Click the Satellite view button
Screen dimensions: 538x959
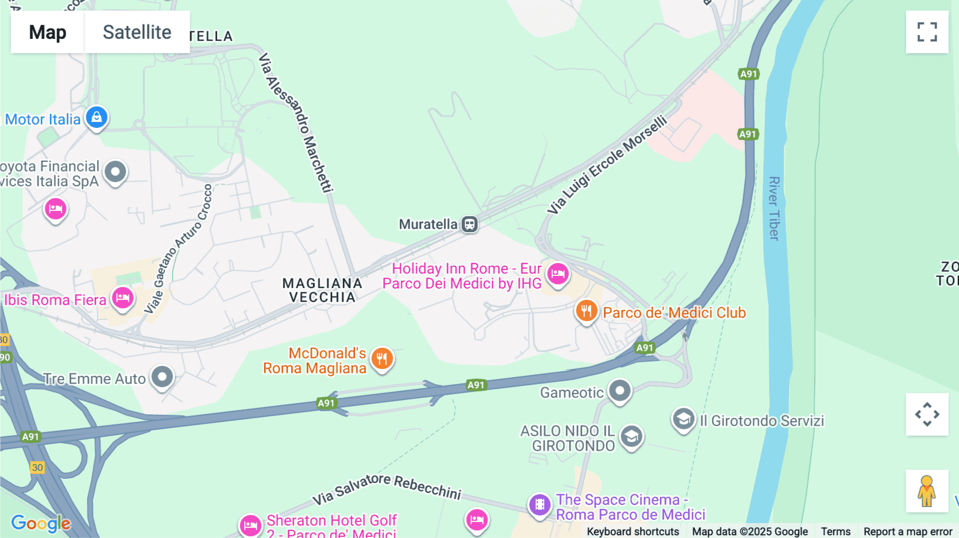pyautogui.click(x=137, y=32)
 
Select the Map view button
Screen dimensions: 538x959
pyautogui.click(x=47, y=32)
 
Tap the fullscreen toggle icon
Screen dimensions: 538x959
pyautogui.click(x=927, y=32)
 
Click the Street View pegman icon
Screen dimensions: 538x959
pyautogui.click(x=927, y=491)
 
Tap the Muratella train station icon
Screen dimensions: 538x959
pyautogui.click(x=469, y=224)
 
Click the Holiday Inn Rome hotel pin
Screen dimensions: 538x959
pyautogui.click(x=558, y=274)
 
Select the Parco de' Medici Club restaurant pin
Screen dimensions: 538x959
pyautogui.click(x=586, y=311)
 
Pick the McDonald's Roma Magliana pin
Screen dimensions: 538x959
pyautogui.click(x=382, y=358)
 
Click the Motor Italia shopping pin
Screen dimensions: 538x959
pyautogui.click(x=96, y=117)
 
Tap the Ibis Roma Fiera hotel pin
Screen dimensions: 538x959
pyautogui.click(x=123, y=298)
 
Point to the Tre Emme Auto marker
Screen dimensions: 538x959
pyautogui.click(x=162, y=377)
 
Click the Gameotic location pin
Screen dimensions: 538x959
pyautogui.click(x=620, y=391)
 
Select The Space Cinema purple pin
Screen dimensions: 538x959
pyautogui.click(x=540, y=504)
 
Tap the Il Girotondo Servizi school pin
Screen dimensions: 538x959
pyautogui.click(x=683, y=419)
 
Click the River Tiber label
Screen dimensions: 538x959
pyautogui.click(x=774, y=208)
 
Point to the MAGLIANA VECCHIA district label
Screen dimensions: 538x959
pyautogui.click(x=322, y=290)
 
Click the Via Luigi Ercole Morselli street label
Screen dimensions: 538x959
pyautogui.click(x=607, y=165)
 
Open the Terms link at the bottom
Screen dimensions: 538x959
pyautogui.click(x=835, y=531)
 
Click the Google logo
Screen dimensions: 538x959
pyautogui.click(x=40, y=523)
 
